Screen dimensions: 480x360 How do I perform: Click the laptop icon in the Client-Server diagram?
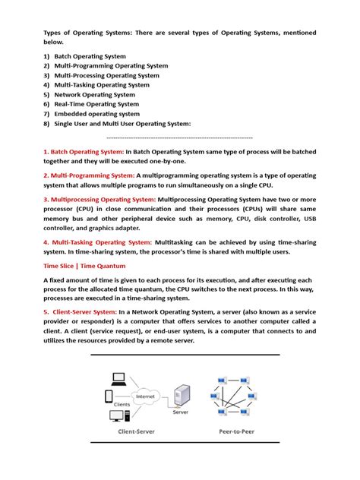pos(118,377)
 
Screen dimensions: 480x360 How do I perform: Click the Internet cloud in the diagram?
pos(145,396)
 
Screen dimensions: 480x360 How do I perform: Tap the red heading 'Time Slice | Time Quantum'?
pos(84,266)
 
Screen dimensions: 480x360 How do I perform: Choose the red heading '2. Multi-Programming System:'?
pos(89,175)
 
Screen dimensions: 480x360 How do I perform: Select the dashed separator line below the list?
pos(180,137)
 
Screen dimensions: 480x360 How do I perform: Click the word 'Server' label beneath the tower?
pos(181,413)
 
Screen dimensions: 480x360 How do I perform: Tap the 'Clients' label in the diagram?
pos(122,404)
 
